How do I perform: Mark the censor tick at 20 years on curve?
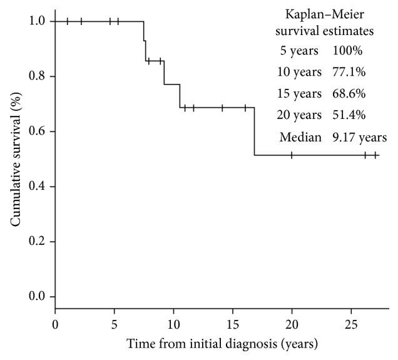click(x=292, y=155)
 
